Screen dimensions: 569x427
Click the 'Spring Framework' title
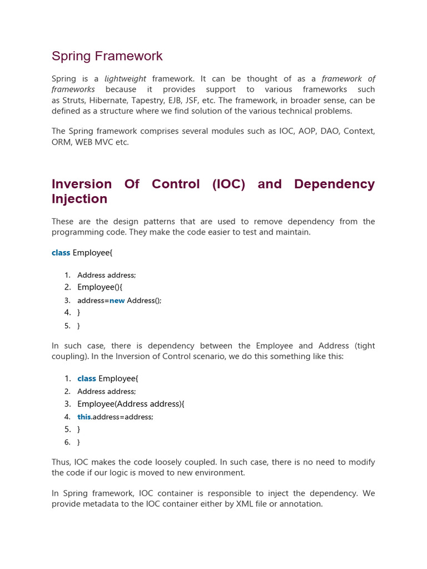107,56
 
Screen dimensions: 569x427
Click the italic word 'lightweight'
125,79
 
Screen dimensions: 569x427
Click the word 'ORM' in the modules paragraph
62,142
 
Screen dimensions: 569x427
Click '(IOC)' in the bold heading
229,184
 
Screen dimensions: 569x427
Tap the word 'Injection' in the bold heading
79,199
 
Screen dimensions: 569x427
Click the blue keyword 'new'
117,301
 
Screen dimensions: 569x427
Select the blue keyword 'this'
84,417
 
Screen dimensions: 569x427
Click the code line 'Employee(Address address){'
131,404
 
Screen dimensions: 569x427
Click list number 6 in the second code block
67,442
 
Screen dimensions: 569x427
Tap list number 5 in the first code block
67,326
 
